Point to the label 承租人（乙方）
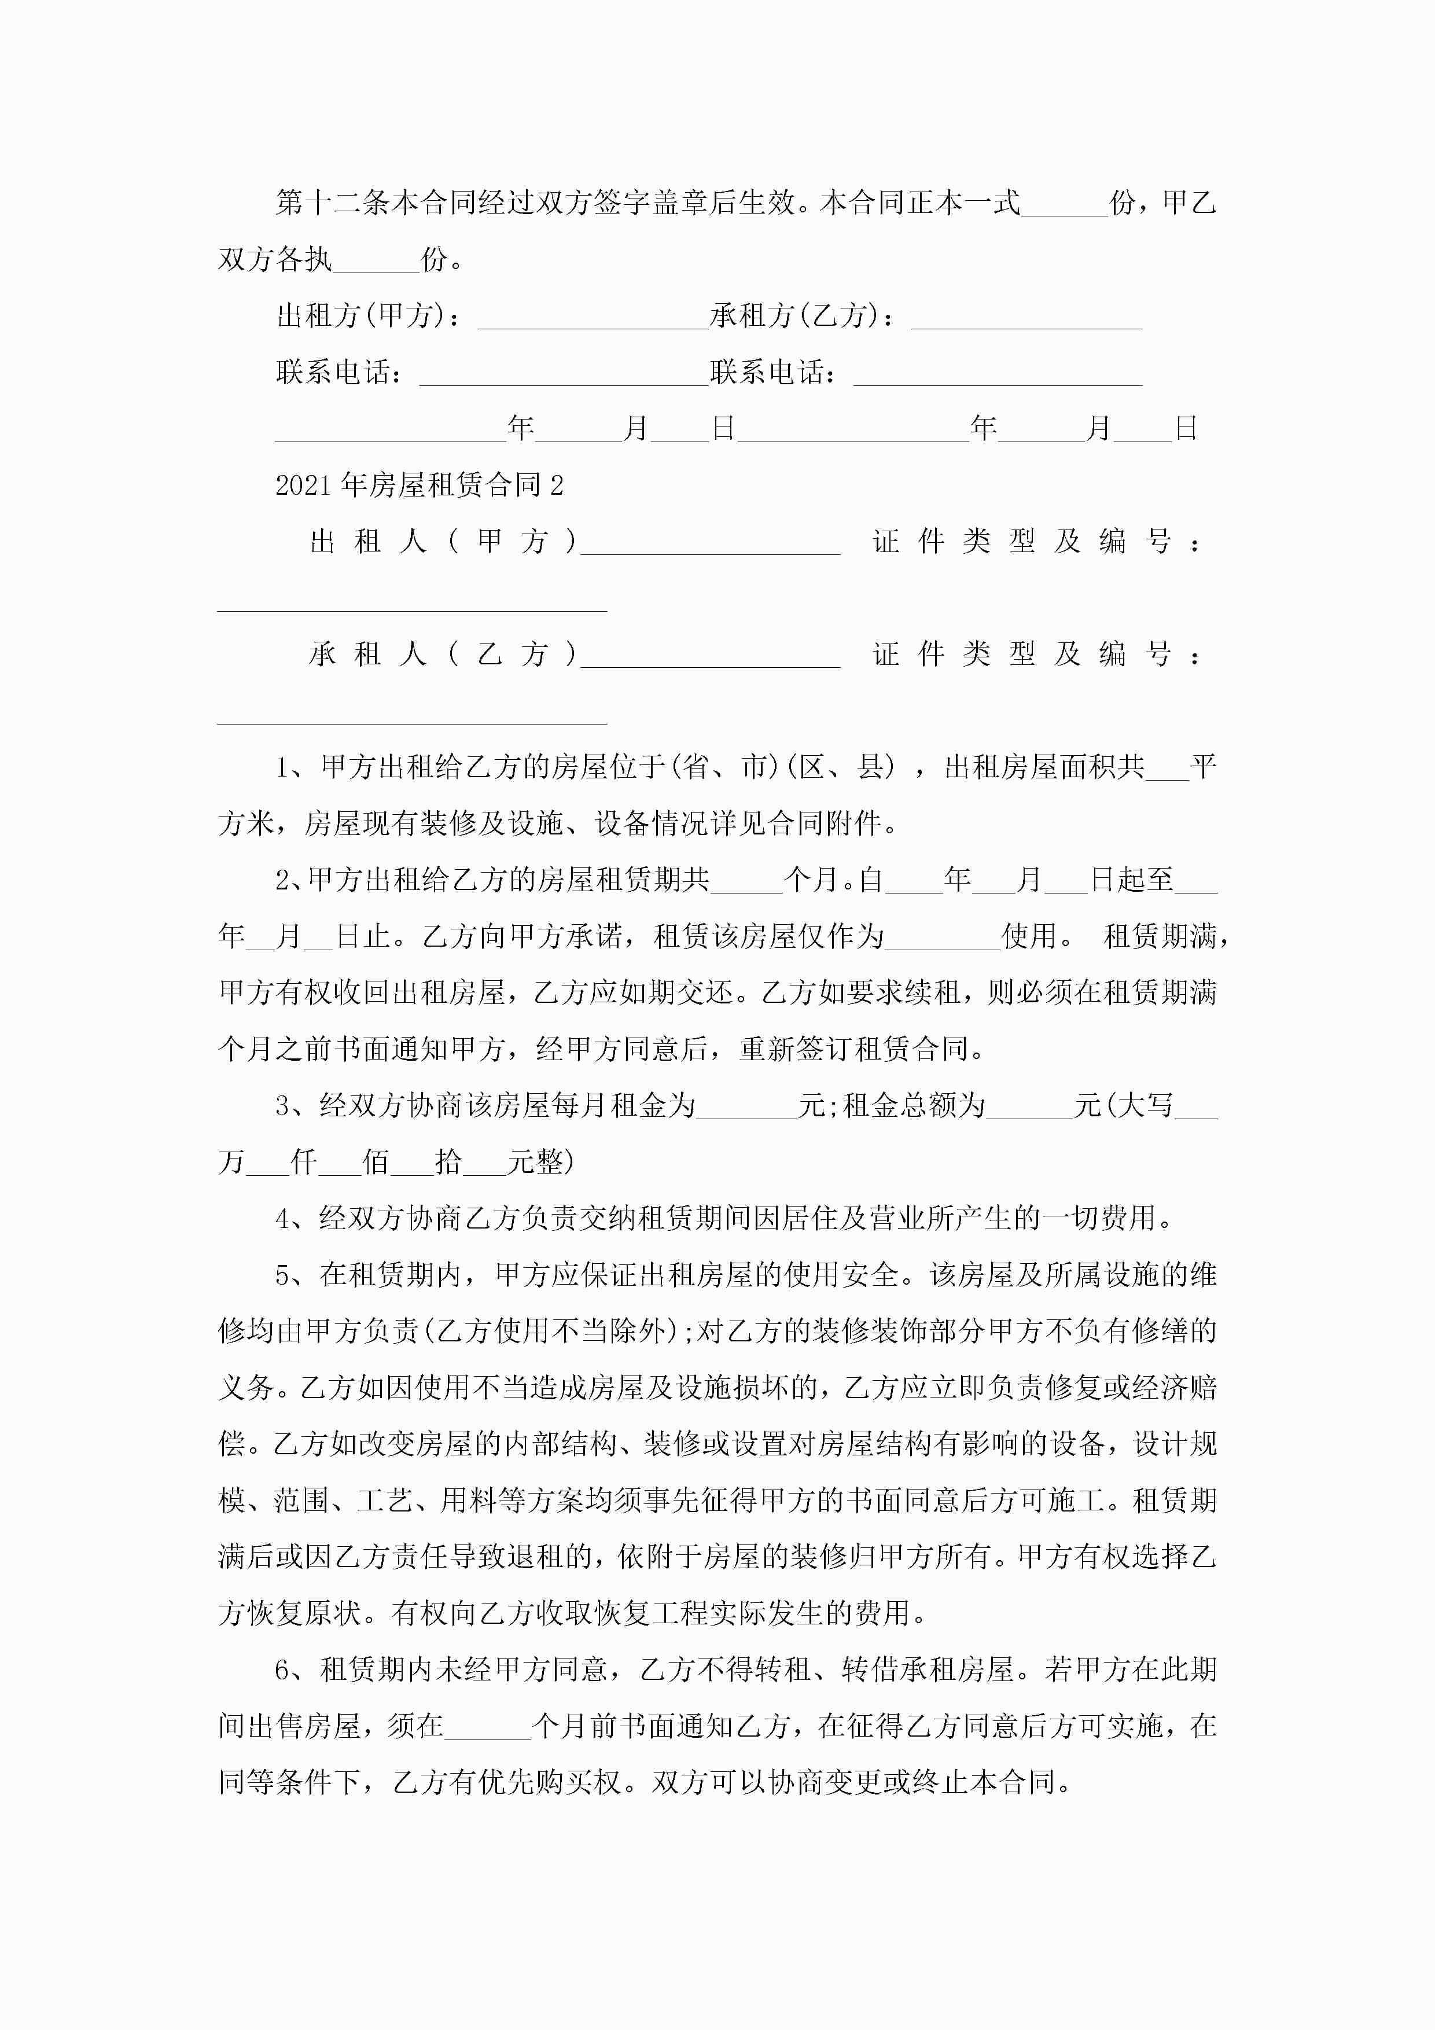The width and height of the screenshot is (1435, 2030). tap(442, 654)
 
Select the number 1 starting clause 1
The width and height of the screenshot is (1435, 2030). tap(283, 767)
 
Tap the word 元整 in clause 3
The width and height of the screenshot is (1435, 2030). tap(541, 1162)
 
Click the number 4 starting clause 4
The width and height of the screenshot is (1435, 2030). tap(283, 1219)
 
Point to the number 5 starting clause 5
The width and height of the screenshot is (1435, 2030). tap(283, 1276)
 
